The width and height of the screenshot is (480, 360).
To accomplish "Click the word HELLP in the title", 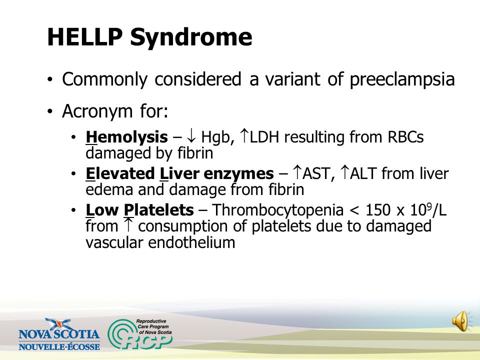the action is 85,37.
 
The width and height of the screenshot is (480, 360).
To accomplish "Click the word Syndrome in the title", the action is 191,38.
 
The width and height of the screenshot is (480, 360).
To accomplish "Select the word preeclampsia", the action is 402,80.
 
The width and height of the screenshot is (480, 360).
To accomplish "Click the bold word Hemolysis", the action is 126,137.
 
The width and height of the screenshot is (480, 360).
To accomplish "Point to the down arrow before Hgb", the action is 191,136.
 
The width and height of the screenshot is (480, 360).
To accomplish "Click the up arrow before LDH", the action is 244,135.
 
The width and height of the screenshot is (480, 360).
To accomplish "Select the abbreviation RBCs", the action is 405,137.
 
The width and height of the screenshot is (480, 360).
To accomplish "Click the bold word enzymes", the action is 238,174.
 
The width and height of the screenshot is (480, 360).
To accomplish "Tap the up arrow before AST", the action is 297,172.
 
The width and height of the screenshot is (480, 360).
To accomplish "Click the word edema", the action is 109,189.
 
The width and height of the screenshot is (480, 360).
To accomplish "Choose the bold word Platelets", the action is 158,210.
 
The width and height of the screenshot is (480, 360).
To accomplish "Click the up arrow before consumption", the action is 128,224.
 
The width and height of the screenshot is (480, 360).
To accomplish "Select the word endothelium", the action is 191,243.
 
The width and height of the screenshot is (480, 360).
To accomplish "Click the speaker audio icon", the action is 460,321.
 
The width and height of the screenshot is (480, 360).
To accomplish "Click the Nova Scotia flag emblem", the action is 58,324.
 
